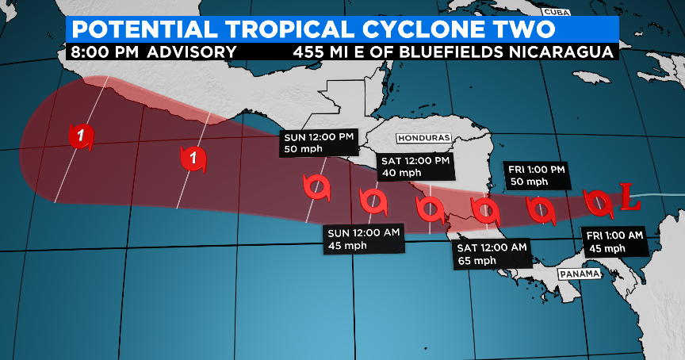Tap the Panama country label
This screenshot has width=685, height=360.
click(x=576, y=274)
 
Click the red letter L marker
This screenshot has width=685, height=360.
click(x=630, y=198)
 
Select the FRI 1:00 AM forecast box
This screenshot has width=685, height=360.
click(x=616, y=241)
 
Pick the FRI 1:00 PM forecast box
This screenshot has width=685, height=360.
click(x=537, y=175)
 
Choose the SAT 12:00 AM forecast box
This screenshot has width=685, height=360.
click(x=492, y=254)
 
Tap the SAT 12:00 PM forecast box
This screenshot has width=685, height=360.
click(x=414, y=167)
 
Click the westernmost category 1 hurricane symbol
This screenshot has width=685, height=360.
click(x=81, y=136)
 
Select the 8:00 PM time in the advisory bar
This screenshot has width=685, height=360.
click(x=100, y=52)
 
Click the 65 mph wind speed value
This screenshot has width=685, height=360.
click(x=477, y=261)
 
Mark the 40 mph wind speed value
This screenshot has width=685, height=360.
click(x=400, y=174)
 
